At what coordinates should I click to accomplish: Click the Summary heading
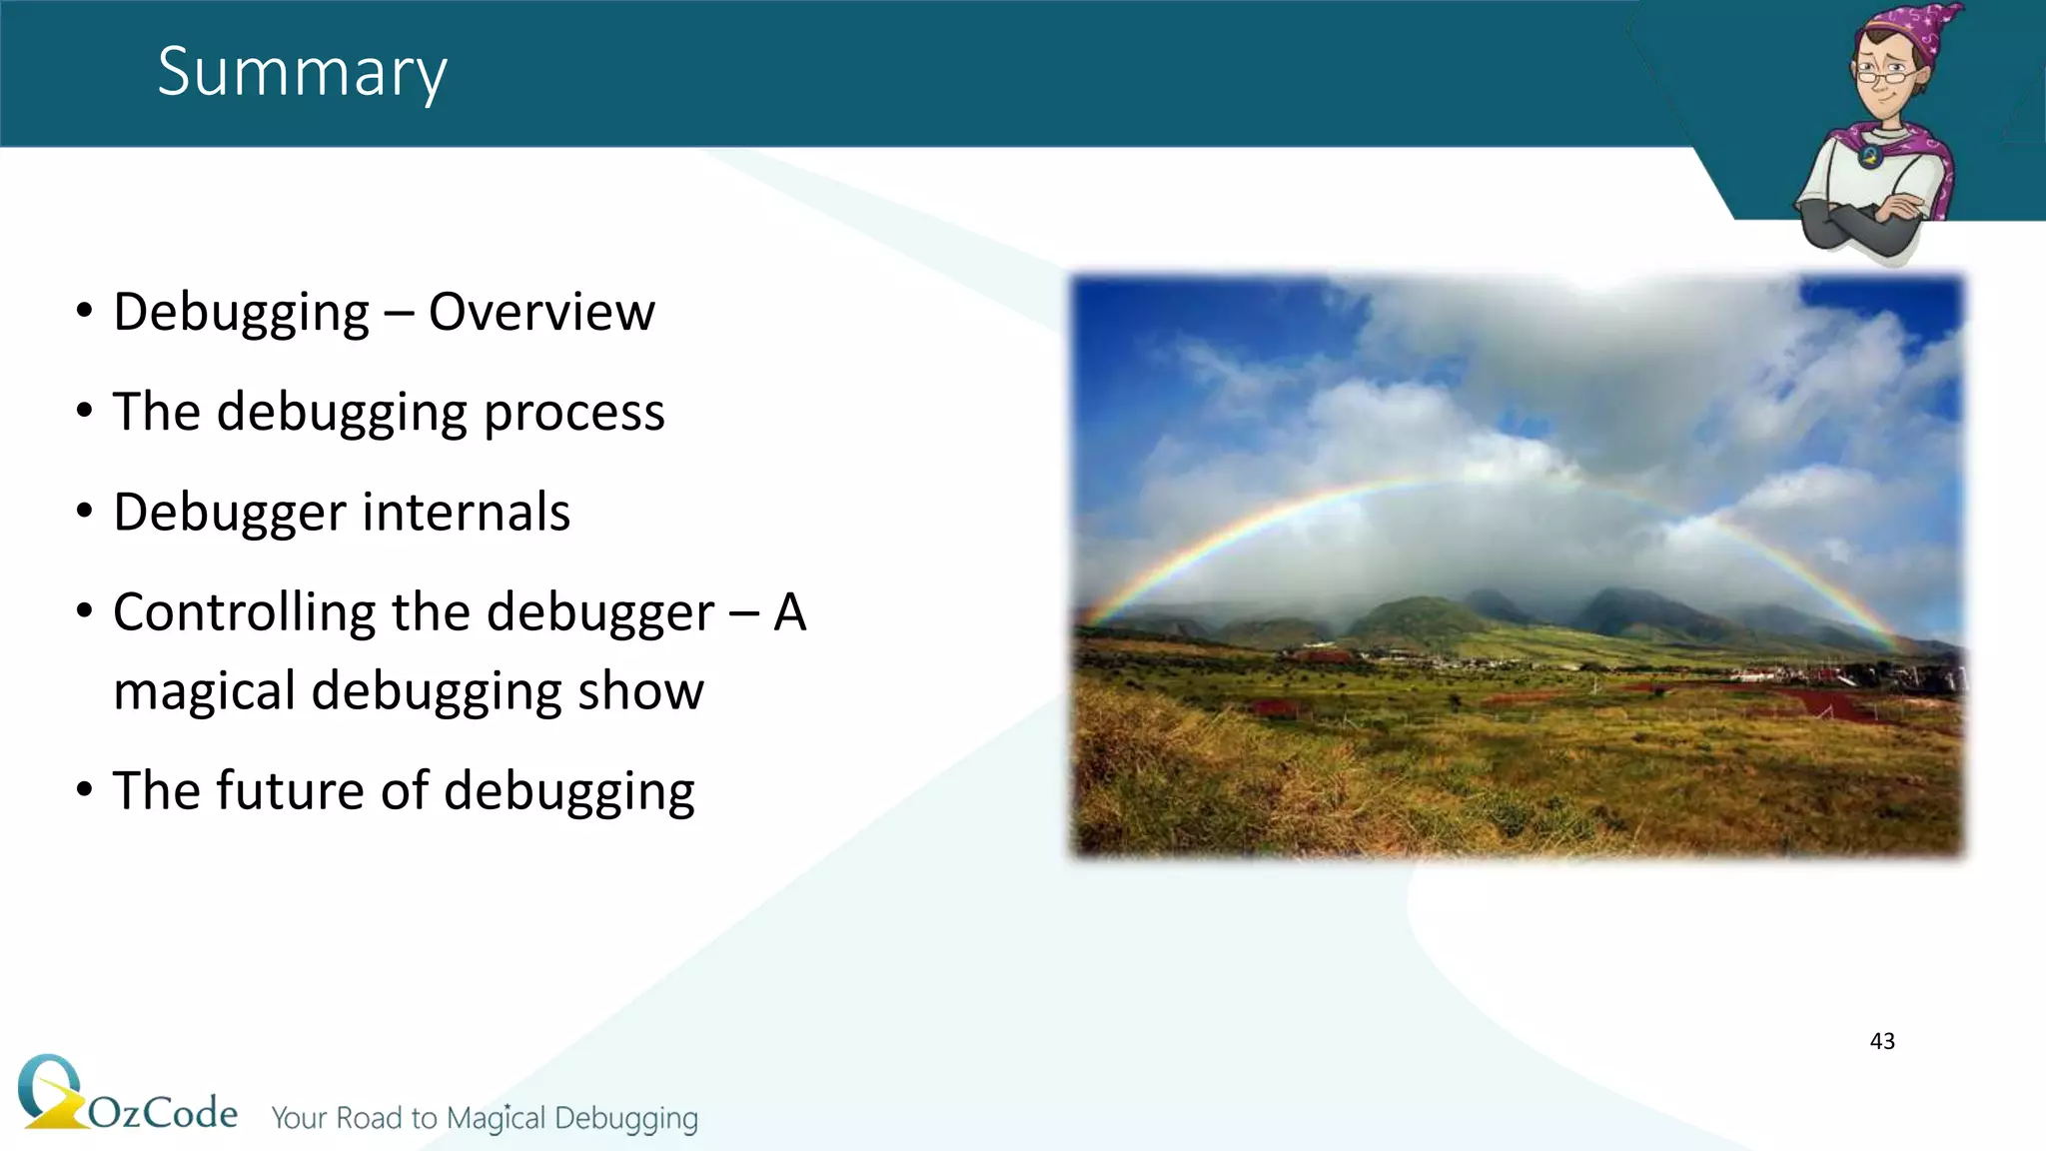pos(302,72)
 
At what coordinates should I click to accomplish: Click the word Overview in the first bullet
pos(541,312)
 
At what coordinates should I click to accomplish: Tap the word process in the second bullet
pos(573,414)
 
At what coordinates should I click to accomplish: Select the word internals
pos(466,513)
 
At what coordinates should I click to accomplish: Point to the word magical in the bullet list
pos(204,691)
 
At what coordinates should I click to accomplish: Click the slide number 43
pos(1881,1041)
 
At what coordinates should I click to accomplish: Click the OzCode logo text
pos(163,1112)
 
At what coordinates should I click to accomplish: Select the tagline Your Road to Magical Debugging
pos(485,1118)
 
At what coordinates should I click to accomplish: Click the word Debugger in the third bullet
pos(230,513)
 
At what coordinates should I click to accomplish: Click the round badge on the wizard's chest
pos(1869,156)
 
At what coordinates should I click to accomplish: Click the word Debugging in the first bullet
pos(241,312)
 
